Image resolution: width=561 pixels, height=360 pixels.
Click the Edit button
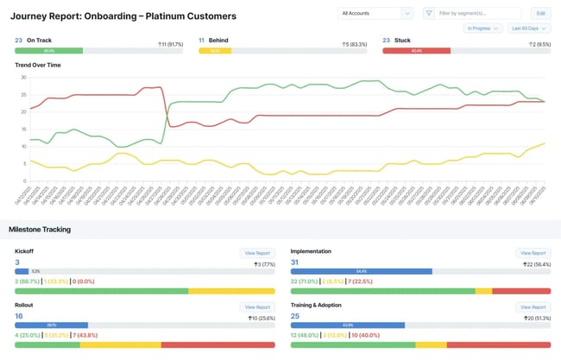pos(540,13)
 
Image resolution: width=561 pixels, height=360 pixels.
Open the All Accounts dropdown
pos(376,13)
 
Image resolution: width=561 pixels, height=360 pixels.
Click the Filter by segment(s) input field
pos(479,13)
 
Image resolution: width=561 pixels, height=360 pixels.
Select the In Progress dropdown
pos(482,28)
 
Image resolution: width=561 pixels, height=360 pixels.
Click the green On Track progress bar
pos(49,51)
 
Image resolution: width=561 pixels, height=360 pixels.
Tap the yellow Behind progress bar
pos(215,51)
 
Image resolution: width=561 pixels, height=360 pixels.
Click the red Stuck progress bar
pos(416,51)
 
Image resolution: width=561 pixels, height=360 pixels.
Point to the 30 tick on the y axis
pos(23,77)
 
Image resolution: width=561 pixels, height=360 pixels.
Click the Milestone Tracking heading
pos(40,229)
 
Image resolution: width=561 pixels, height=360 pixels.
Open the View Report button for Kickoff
pos(256,253)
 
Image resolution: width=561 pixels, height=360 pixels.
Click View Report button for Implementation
pos(532,253)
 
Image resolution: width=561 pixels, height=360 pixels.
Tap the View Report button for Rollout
pos(256,306)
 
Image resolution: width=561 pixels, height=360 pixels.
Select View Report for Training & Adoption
pos(532,306)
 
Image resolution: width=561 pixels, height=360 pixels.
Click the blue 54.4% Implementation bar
pos(361,271)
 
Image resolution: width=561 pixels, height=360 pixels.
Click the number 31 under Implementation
pos(295,262)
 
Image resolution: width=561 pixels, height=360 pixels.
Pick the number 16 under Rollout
pos(19,316)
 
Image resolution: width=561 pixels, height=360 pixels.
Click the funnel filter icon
pos(429,13)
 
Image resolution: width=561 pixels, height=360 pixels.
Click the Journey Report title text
pos(123,16)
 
